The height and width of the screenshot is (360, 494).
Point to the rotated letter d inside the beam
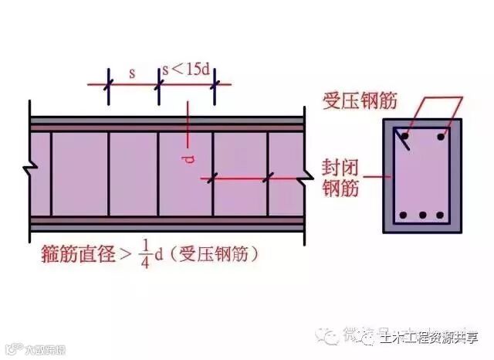[x=189, y=158]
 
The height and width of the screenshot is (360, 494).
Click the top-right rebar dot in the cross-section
[x=442, y=137]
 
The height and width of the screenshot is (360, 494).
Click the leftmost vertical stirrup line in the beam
[x=51, y=173]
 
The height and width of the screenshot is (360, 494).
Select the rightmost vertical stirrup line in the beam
[x=268, y=173]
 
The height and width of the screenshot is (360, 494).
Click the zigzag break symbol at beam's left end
[x=29, y=167]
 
